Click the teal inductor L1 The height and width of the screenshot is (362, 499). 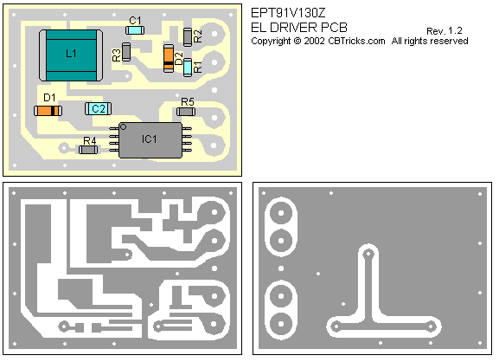tap(71, 55)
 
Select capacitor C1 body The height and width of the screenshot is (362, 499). tap(135, 30)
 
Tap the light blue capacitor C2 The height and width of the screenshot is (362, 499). tap(98, 109)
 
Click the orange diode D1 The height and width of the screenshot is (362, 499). tap(48, 111)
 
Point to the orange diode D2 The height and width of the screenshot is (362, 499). tap(169, 58)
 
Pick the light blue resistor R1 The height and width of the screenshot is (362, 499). tap(188, 68)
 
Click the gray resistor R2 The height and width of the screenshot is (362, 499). tap(188, 37)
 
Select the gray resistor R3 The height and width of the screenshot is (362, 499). tap(126, 52)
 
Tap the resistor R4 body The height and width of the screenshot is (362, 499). tap(88, 150)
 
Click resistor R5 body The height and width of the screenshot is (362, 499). tap(186, 112)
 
